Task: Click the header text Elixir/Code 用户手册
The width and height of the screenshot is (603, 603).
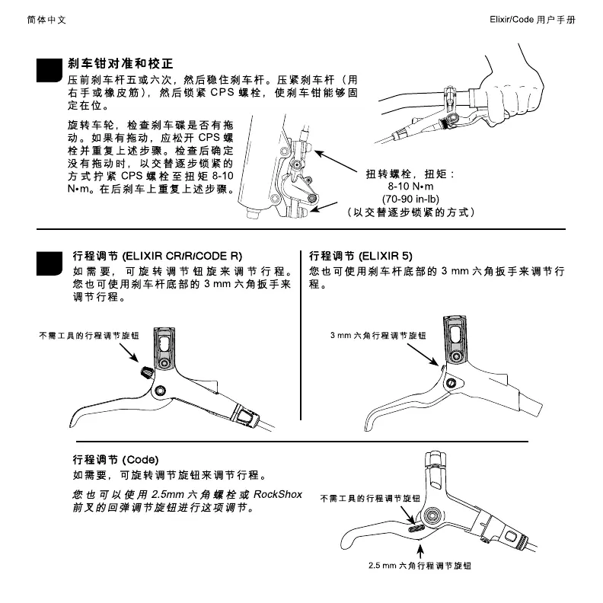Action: click(x=532, y=18)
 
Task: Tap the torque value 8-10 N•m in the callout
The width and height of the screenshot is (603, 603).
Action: click(x=410, y=187)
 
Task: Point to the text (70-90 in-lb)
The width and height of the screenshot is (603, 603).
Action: click(x=410, y=199)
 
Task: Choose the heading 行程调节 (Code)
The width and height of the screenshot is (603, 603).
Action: click(x=115, y=460)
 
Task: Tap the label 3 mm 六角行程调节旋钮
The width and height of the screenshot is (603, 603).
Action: click(x=378, y=335)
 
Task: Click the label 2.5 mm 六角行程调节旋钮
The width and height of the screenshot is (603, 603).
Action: click(x=420, y=567)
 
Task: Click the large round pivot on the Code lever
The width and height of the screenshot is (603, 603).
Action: click(x=434, y=515)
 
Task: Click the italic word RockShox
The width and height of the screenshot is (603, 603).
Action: click(x=277, y=495)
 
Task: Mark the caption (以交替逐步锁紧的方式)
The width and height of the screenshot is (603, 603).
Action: click(x=410, y=212)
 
